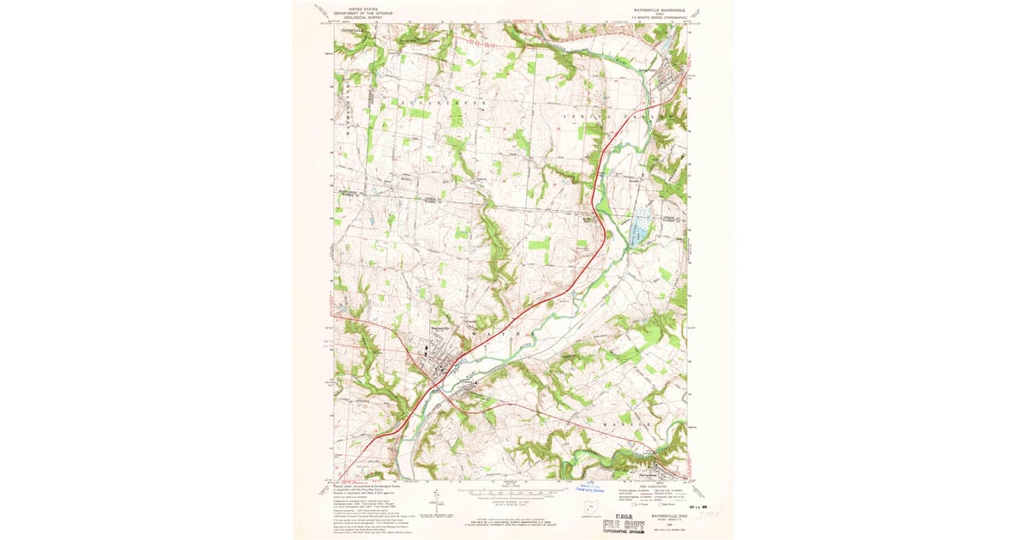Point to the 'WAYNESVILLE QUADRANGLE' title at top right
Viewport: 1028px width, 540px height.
(661, 9)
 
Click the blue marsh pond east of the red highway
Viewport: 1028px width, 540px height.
(638, 225)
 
